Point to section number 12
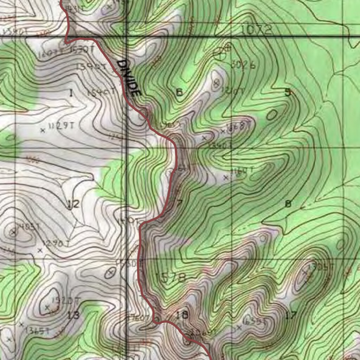(73, 204)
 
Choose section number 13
(73, 315)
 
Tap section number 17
(291, 315)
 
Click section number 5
(288, 92)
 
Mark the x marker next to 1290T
(40, 250)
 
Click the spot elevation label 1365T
(37, 330)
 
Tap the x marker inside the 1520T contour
(47, 308)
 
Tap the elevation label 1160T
(242, 172)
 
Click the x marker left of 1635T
(239, 328)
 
